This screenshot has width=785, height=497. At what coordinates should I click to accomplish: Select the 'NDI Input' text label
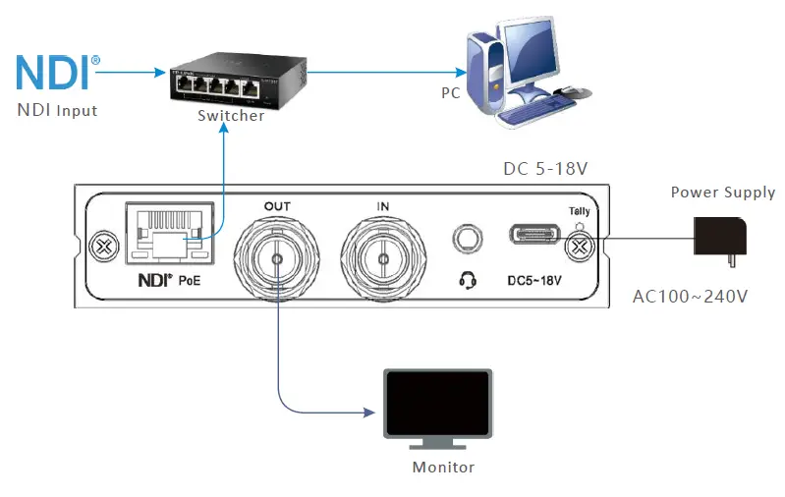57,110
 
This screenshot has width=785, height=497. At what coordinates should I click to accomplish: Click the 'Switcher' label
231,116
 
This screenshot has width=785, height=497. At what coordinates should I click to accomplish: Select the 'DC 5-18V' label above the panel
545,169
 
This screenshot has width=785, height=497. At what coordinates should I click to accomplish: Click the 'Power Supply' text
723,193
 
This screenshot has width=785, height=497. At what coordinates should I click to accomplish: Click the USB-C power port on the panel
534,235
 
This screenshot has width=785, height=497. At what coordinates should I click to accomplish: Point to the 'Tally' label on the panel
580,211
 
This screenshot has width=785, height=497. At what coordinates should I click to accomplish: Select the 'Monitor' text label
443,468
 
